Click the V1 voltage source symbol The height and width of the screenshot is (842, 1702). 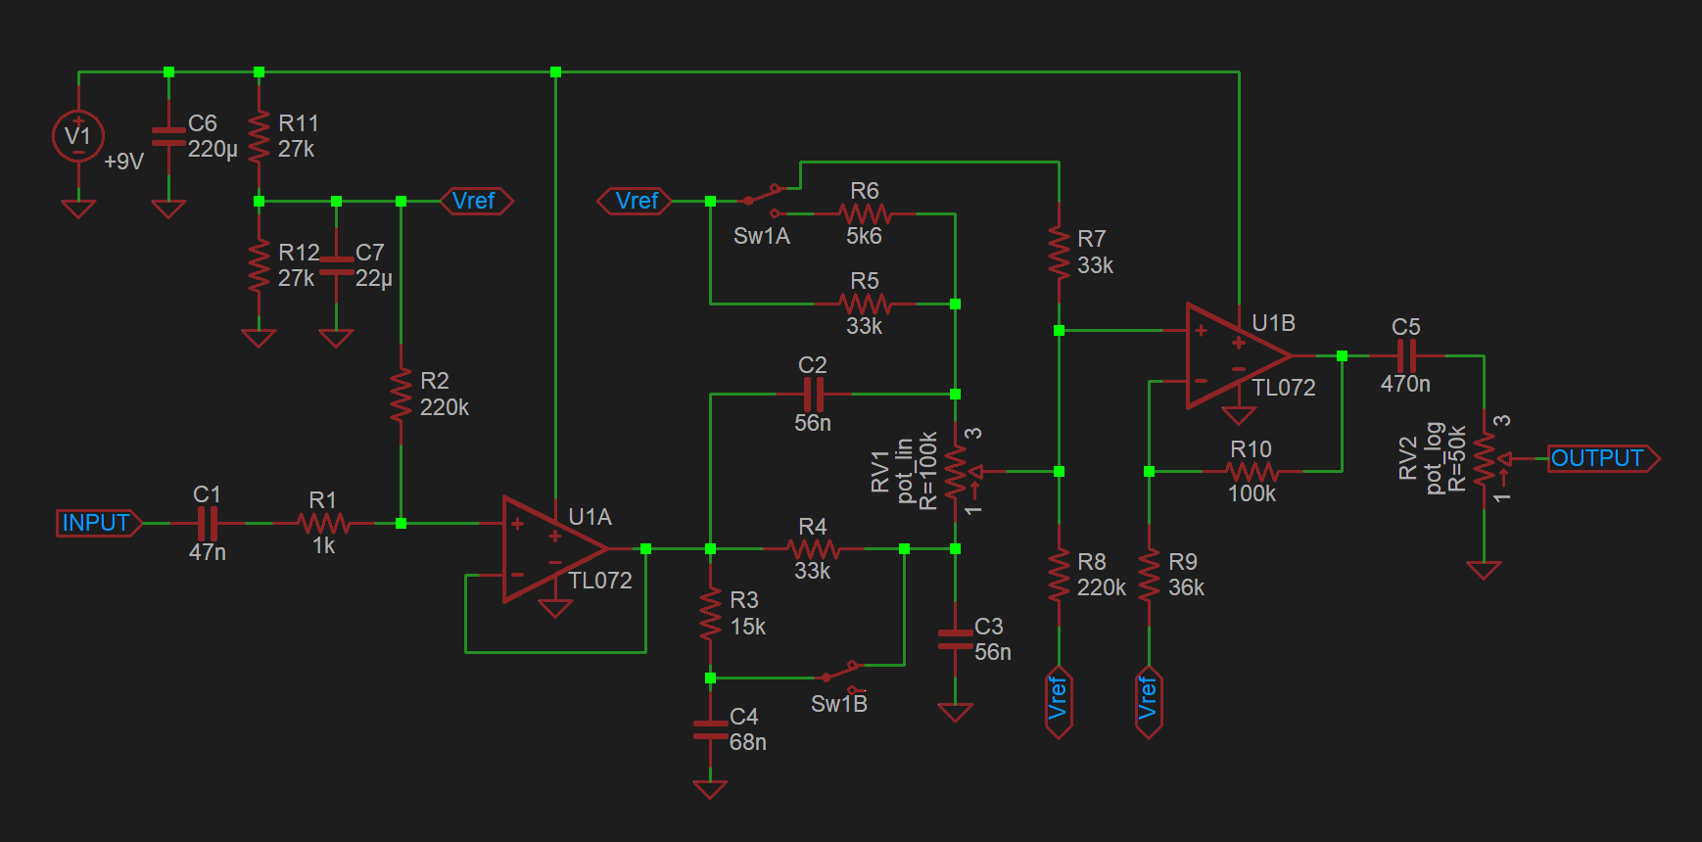click(x=77, y=136)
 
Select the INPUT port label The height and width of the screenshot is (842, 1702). click(x=97, y=523)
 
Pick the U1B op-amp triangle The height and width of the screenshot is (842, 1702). click(x=1235, y=355)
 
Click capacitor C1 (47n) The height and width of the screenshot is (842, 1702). click(x=207, y=523)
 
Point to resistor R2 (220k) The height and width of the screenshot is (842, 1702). click(x=401, y=394)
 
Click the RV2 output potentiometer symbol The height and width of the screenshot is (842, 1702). click(x=1486, y=458)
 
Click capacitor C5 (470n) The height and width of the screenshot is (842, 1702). click(x=1406, y=355)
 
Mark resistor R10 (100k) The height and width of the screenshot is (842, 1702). click(x=1251, y=472)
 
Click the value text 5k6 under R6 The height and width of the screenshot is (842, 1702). click(x=864, y=236)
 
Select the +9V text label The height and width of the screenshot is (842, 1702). click(x=124, y=162)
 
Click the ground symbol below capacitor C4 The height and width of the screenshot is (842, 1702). click(x=710, y=788)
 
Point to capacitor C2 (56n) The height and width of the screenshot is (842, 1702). click(x=813, y=395)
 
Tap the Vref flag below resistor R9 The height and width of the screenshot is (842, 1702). click(x=1148, y=700)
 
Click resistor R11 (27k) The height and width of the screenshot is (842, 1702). click(x=259, y=136)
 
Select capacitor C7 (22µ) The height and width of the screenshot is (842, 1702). click(x=336, y=265)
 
